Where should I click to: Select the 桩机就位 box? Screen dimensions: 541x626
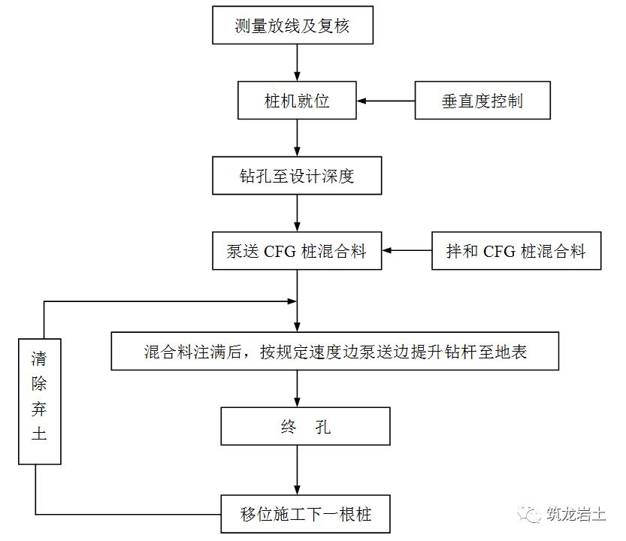click(x=297, y=100)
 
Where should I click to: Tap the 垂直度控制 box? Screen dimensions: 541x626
click(x=482, y=100)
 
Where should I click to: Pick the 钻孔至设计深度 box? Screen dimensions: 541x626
click(x=297, y=177)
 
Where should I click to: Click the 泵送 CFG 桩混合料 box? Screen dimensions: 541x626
click(x=297, y=250)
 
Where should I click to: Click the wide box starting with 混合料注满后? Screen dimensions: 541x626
click(x=334, y=351)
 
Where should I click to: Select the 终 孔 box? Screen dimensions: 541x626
click(x=306, y=427)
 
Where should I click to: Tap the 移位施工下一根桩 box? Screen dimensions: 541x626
click(x=306, y=515)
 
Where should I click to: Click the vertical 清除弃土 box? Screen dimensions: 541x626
click(x=39, y=400)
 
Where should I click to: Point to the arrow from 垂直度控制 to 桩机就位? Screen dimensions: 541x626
click(x=386, y=100)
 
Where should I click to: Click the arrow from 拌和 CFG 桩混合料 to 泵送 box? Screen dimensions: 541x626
click(x=407, y=250)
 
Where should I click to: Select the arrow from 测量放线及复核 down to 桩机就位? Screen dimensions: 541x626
click(x=298, y=64)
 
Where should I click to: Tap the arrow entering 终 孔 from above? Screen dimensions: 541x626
click(x=298, y=389)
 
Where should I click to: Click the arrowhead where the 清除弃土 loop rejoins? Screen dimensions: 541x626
click(x=290, y=301)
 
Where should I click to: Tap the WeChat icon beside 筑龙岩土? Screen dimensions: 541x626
click(x=533, y=514)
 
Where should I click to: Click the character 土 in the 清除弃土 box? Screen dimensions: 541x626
click(x=39, y=434)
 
